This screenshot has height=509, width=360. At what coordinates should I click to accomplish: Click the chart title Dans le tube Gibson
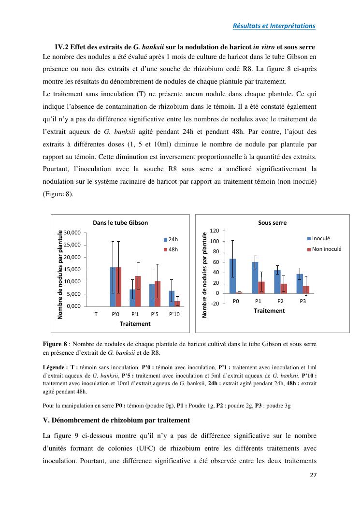120,223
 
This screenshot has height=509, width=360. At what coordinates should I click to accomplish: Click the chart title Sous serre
272,223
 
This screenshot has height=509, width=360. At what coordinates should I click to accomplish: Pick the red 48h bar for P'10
177,304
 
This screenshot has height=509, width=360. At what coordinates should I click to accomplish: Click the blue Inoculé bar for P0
232,276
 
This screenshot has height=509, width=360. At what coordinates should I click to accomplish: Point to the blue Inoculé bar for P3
300,284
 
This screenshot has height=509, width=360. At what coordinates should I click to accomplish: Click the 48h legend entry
171,249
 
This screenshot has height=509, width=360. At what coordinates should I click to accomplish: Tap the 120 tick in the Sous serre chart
215,231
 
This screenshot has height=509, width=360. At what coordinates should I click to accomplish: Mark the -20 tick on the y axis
215,304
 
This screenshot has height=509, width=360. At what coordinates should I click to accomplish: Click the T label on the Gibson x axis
96,314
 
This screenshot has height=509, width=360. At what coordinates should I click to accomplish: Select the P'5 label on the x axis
155,314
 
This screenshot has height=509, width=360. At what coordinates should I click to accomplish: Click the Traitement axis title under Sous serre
269,311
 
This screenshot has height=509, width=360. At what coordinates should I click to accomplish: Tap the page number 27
313,475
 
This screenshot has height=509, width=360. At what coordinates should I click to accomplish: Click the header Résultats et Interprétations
274,26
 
